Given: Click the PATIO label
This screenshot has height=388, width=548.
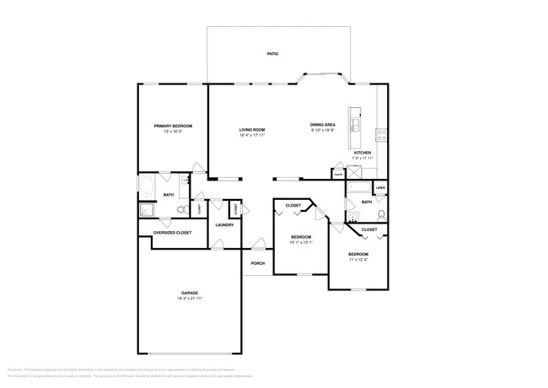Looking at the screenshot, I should pyautogui.click(x=272, y=53).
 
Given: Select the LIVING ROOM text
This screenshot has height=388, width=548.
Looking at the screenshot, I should pyautogui.click(x=252, y=130).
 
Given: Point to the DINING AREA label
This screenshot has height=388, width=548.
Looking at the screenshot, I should pyautogui.click(x=322, y=126).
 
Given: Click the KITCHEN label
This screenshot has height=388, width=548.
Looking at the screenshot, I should pyautogui.click(x=362, y=153).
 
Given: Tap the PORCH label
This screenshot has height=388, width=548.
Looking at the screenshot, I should pyautogui.click(x=258, y=263).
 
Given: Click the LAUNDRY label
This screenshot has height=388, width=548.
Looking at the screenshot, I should pyautogui.click(x=223, y=224).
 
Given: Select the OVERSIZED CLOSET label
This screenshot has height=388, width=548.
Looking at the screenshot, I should pyautogui.click(x=171, y=232).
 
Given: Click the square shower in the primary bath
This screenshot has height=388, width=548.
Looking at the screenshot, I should pyautogui.click(x=147, y=210).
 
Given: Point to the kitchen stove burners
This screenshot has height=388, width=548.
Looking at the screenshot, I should pyautogui.click(x=381, y=133).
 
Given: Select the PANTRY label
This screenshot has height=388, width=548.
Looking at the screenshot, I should pyautogui.click(x=337, y=175).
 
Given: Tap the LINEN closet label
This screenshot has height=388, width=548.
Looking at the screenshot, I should pyautogui.click(x=380, y=187).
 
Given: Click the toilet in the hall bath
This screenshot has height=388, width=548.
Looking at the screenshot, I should pyautogui.click(x=381, y=213).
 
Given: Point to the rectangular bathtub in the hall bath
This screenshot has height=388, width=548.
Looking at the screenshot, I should pyautogui.click(x=360, y=187).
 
